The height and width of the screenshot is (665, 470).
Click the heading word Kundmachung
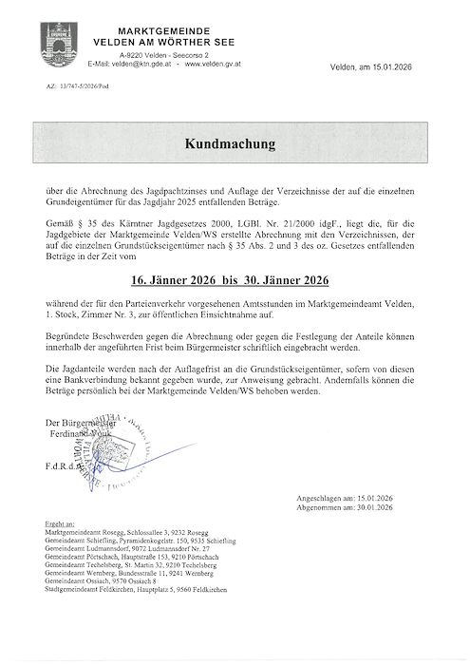coord(234,145)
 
